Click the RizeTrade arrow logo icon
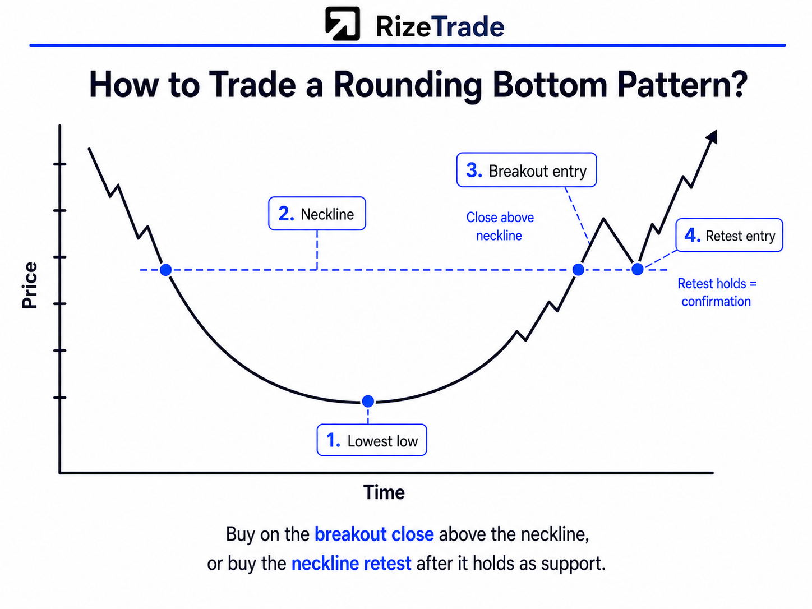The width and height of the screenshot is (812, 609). (342, 24)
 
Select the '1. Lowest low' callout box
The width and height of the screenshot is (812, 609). (372, 440)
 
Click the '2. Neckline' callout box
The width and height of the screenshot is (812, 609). (317, 213)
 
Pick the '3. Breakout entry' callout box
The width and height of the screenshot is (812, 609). (527, 170)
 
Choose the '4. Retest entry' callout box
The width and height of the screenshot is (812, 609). (729, 235)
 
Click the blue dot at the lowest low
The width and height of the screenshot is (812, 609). (368, 401)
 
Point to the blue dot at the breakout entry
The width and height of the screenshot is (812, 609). (578, 270)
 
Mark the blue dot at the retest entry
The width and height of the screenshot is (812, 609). (638, 269)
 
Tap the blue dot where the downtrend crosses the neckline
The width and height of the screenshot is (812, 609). (166, 270)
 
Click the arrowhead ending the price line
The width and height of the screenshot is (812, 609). (713, 136)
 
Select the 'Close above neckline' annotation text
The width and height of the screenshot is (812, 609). (500, 227)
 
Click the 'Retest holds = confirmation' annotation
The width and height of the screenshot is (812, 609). (717, 293)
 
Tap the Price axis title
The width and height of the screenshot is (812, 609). (30, 285)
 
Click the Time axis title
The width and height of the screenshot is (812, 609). (384, 492)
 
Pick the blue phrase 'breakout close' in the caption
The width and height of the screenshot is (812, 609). (374, 534)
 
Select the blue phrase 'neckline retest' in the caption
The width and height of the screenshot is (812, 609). (352, 564)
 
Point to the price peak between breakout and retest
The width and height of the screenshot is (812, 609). (603, 219)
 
